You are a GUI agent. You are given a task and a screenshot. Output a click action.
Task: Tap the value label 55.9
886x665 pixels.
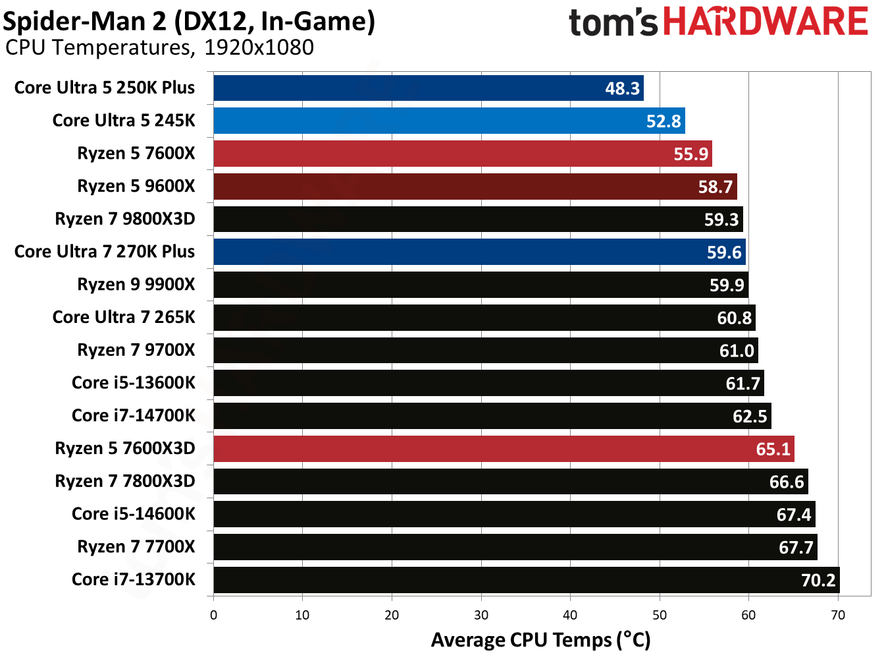[x=691, y=154]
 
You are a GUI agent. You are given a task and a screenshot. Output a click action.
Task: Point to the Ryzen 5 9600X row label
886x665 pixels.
[x=136, y=186]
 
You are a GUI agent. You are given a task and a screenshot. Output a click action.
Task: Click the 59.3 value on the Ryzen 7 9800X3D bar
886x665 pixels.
[x=721, y=219]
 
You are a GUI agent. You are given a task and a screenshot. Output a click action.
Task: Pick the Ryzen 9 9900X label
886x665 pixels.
[x=136, y=284]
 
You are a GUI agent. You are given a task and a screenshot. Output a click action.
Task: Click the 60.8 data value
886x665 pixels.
[x=734, y=318]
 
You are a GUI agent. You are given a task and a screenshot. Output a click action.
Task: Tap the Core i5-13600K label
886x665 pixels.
[x=133, y=383]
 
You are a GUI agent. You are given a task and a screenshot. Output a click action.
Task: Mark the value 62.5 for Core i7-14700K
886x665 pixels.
[x=750, y=416]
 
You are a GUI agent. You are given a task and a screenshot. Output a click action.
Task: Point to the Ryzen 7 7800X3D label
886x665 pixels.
[x=124, y=481]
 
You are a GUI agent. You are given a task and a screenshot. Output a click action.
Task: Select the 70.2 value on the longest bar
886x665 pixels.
[x=818, y=580]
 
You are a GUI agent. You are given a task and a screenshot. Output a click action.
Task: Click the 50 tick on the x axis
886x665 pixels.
[x=659, y=615]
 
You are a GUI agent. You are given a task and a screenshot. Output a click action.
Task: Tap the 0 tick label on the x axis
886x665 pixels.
[x=213, y=615]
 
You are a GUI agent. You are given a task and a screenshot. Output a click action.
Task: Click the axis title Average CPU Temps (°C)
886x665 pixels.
[x=540, y=640]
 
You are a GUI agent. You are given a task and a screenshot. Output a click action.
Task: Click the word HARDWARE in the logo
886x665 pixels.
[x=765, y=22]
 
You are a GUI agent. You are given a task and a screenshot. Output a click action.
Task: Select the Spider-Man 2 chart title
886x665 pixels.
[x=189, y=21]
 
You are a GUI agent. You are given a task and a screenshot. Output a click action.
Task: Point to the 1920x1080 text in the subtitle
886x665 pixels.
[x=259, y=47]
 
